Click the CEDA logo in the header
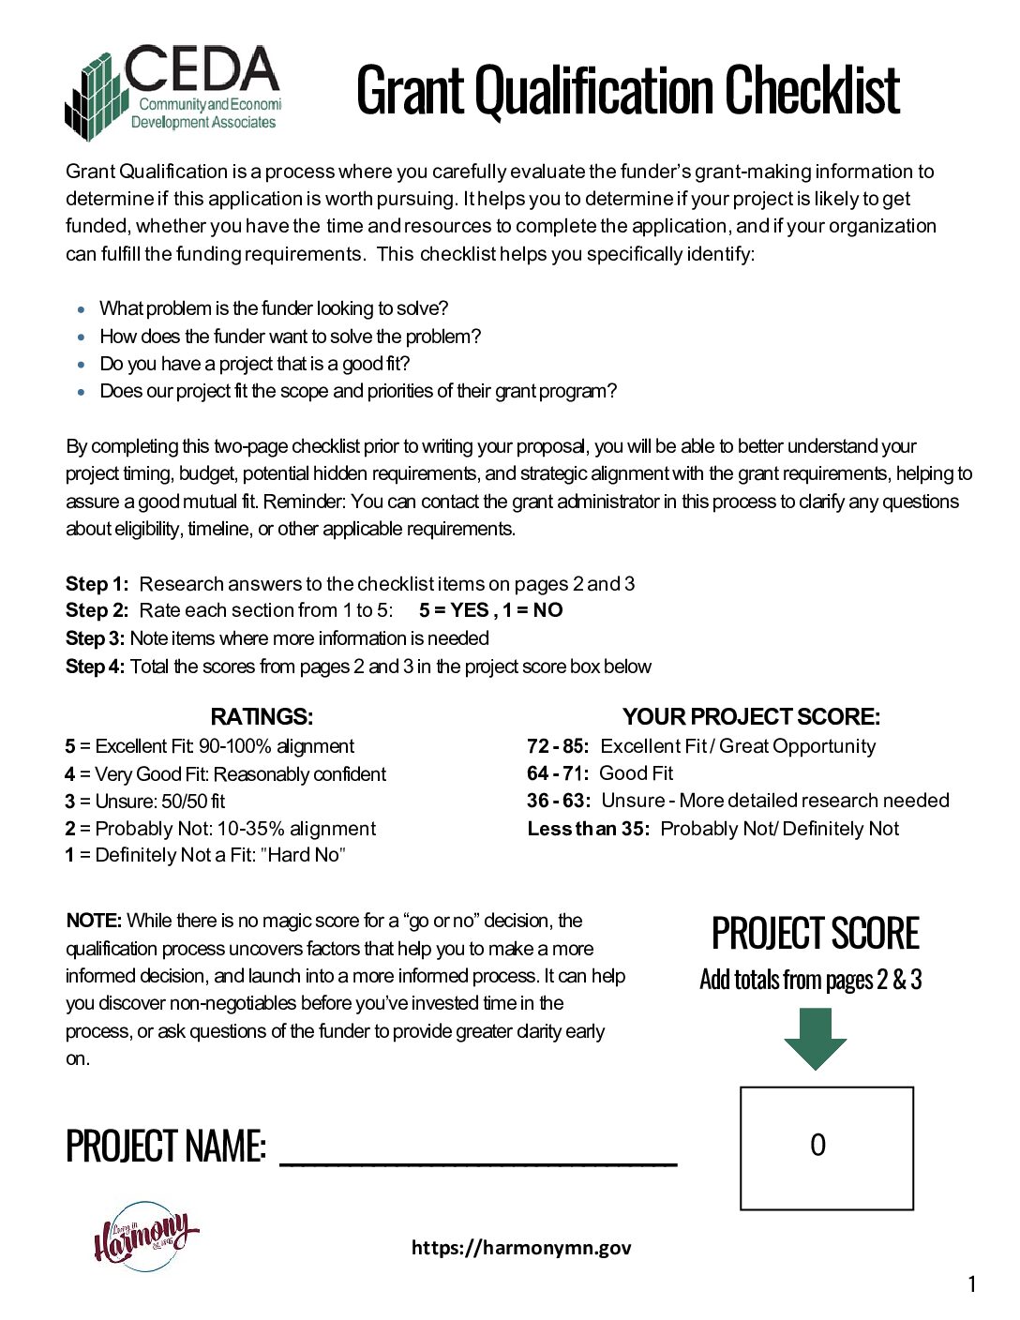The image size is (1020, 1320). pos(173,91)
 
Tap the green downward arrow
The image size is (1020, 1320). pos(815,1039)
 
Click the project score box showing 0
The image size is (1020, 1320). pos(826,1147)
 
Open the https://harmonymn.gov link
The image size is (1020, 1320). pos(521,1248)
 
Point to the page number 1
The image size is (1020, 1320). pos(971,1284)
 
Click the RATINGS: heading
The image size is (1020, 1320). pos(262,717)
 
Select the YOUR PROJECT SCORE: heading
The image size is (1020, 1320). pos(751,717)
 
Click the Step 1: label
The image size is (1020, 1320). pos(97,584)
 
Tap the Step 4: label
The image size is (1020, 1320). pos(95,667)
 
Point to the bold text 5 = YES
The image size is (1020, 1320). pos(454,610)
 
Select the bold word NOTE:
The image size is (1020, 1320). pos(94,921)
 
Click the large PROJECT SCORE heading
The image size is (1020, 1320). pos(815,934)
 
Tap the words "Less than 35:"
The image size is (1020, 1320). pos(588,829)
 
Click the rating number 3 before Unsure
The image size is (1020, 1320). pos(70,802)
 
